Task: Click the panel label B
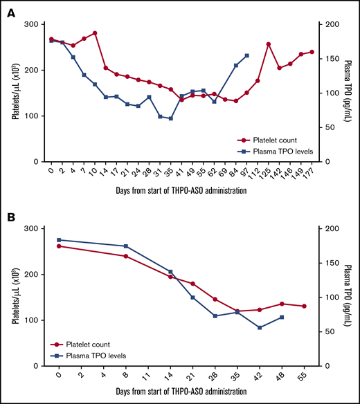click(x=12, y=217)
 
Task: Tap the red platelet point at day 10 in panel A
click(x=94, y=33)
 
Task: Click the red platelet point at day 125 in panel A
click(x=268, y=44)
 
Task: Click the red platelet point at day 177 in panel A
click(x=312, y=52)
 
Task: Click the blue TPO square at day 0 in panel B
click(x=59, y=240)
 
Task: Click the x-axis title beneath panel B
click(x=181, y=394)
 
